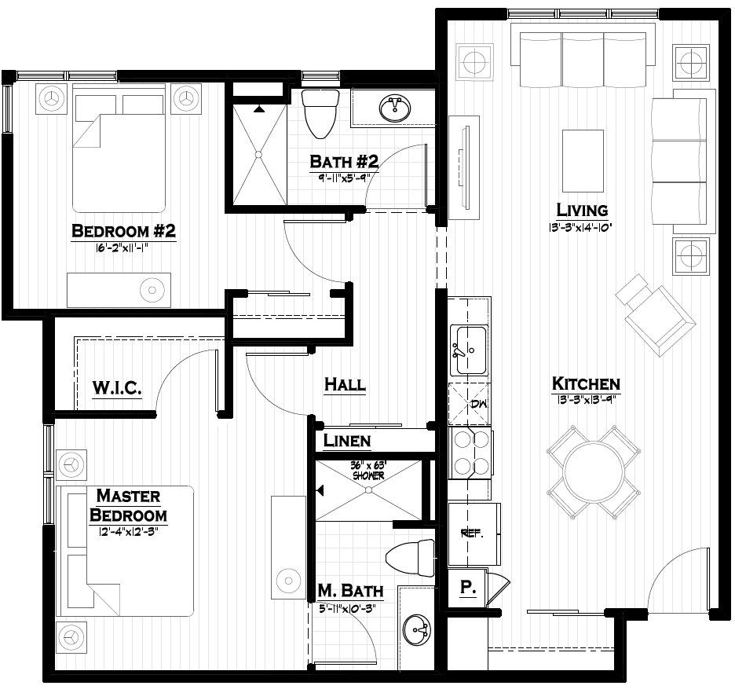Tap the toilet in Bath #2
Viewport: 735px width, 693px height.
(x=320, y=112)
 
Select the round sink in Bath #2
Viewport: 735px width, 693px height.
(x=393, y=108)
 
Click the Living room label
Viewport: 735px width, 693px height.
(x=581, y=210)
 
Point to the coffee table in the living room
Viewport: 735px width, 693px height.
(x=583, y=161)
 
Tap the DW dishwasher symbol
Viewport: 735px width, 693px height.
(x=469, y=404)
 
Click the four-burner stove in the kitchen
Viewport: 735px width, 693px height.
(x=469, y=453)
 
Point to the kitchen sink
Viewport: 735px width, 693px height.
(x=469, y=349)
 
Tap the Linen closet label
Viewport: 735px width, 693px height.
(x=346, y=440)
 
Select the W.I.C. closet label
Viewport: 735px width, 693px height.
(x=116, y=387)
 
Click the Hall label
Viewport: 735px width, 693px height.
(x=345, y=384)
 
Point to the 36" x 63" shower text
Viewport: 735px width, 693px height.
(x=367, y=471)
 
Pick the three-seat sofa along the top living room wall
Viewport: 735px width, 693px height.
(x=583, y=57)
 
